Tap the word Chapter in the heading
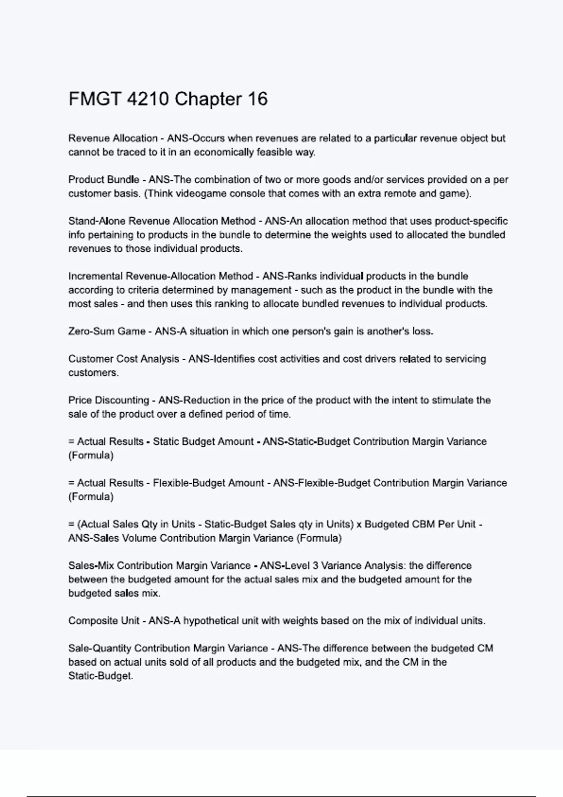208,99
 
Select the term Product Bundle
104,180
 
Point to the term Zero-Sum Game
107,331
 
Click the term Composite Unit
104,621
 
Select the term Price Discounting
108,400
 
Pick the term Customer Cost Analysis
124,359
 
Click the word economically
223,152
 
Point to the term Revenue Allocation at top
113,138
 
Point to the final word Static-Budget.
100,676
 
